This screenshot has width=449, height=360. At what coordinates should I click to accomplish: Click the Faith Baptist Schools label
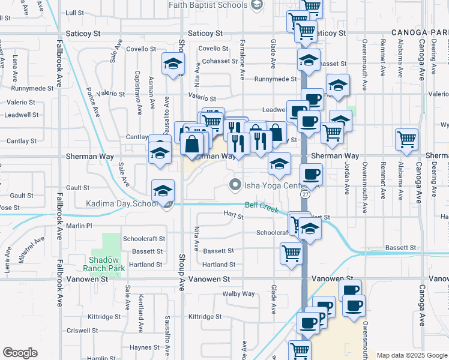207,5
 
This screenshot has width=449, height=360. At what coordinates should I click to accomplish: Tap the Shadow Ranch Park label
107,264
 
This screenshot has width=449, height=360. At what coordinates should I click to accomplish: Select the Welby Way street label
238,293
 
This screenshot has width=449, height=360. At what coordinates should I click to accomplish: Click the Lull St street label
75,12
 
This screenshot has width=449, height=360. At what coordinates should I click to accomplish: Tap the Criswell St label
83,331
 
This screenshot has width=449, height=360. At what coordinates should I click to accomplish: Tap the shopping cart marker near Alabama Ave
407,139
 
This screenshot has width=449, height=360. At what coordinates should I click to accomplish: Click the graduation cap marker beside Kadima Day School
163,191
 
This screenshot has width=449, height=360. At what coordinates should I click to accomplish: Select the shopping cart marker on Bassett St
291,253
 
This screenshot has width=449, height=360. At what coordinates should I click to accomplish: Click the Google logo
20,353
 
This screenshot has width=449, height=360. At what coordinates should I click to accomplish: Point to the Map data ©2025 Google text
411,355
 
